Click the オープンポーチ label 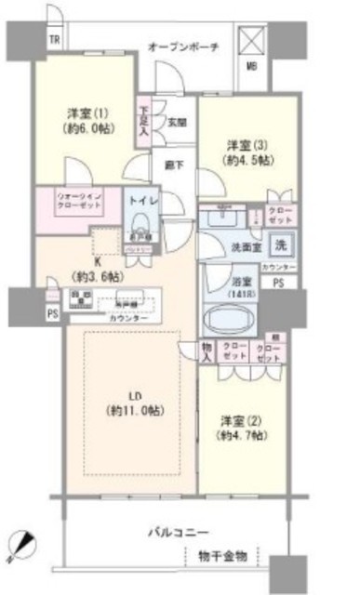(x=183, y=47)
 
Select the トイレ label (x=140, y=200)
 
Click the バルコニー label (x=177, y=533)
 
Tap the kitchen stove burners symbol (x=80, y=300)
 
